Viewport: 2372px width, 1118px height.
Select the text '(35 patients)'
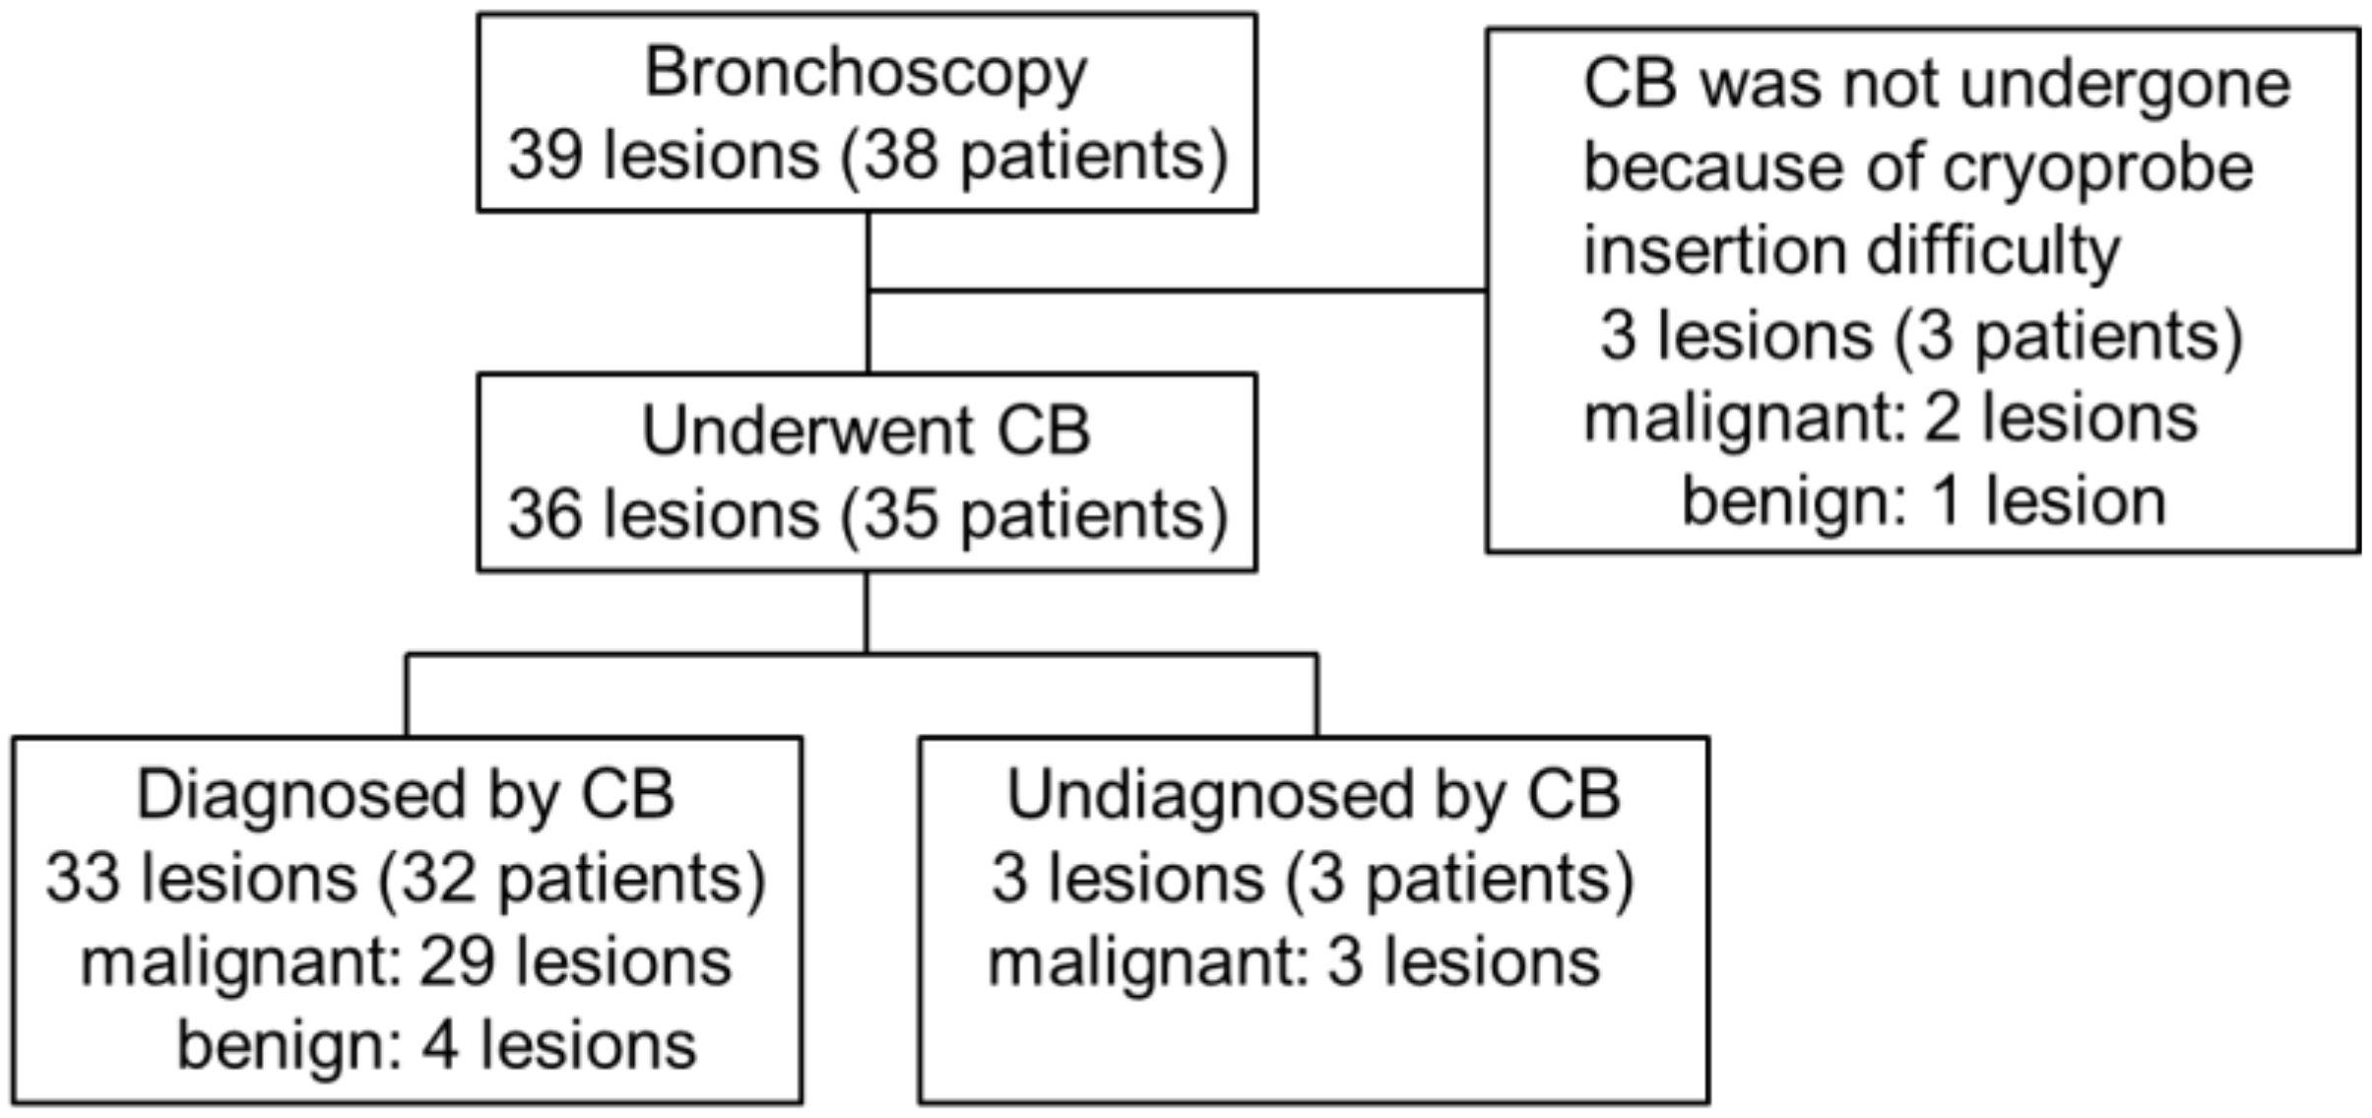(1034, 516)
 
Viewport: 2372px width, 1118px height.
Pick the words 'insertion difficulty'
(1851, 251)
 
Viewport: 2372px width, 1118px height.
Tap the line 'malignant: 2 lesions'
(1891, 419)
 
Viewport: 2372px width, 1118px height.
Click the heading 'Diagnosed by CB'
(406, 795)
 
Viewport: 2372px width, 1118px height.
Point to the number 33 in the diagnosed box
(83, 879)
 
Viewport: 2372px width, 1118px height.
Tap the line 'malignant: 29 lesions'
(406, 962)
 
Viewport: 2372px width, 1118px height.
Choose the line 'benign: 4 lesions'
(436, 1046)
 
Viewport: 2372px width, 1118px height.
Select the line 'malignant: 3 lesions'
(1294, 962)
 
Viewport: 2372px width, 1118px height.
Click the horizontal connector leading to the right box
(1177, 291)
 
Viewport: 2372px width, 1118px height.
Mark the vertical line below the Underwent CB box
(866, 611)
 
